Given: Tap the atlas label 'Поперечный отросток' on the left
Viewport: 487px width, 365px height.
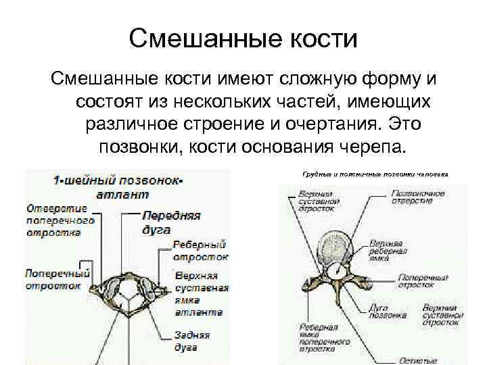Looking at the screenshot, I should click(x=57, y=279).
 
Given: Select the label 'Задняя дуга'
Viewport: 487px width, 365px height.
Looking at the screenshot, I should click(x=191, y=341).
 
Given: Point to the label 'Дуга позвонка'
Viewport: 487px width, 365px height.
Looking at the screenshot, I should click(x=388, y=311).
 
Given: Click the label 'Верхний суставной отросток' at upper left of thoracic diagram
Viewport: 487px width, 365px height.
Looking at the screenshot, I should click(x=316, y=201).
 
